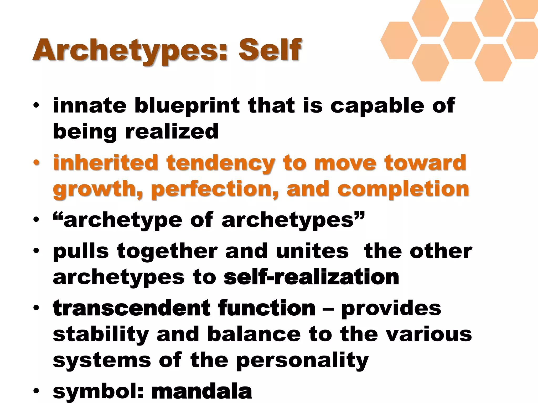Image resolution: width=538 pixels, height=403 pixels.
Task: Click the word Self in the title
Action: pyautogui.click(x=270, y=50)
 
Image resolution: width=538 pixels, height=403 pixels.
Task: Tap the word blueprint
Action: pyautogui.click(x=187, y=106)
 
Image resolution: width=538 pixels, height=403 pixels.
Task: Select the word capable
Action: pyautogui.click(x=377, y=106)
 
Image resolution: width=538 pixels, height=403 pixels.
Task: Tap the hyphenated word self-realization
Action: pyautogui.click(x=311, y=277)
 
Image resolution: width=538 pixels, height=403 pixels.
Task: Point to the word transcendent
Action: pyautogui.click(x=132, y=308)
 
